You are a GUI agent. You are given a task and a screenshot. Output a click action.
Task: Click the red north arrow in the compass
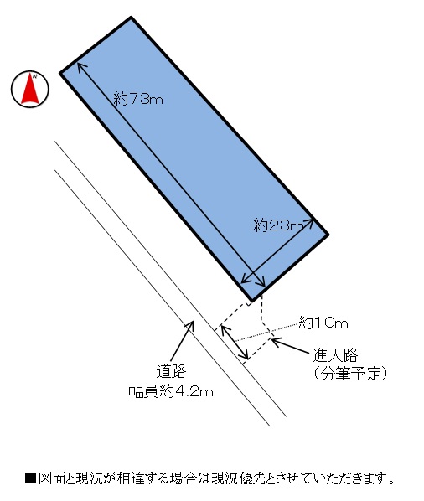click(x=30, y=90)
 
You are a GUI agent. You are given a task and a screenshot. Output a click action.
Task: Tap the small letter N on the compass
click(x=35, y=76)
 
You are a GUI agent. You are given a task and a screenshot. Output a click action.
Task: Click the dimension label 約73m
click(x=138, y=99)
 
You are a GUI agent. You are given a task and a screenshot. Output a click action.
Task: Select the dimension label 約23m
click(x=278, y=225)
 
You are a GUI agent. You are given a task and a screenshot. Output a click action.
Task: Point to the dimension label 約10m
click(x=323, y=323)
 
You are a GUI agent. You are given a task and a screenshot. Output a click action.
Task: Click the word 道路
click(x=171, y=371)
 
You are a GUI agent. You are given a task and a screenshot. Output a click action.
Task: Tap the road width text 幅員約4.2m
click(x=171, y=391)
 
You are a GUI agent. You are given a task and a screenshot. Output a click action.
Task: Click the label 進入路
click(x=335, y=354)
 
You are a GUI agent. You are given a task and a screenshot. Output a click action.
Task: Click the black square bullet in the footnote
click(x=30, y=478)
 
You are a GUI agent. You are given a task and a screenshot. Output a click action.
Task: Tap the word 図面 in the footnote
click(x=51, y=478)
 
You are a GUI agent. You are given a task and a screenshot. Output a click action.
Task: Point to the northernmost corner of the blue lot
click(x=131, y=18)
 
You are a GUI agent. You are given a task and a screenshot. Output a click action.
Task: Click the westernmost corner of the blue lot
click(x=60, y=74)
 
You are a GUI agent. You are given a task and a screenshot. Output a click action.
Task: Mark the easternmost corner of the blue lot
click(x=328, y=235)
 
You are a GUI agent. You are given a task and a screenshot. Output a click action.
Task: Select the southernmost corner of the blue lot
click(x=251, y=300)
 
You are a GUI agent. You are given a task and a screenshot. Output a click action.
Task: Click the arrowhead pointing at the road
click(x=191, y=323)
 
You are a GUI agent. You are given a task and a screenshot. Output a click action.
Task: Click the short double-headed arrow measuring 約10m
click(x=235, y=342)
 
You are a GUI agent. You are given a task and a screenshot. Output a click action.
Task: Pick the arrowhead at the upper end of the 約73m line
click(x=80, y=65)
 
